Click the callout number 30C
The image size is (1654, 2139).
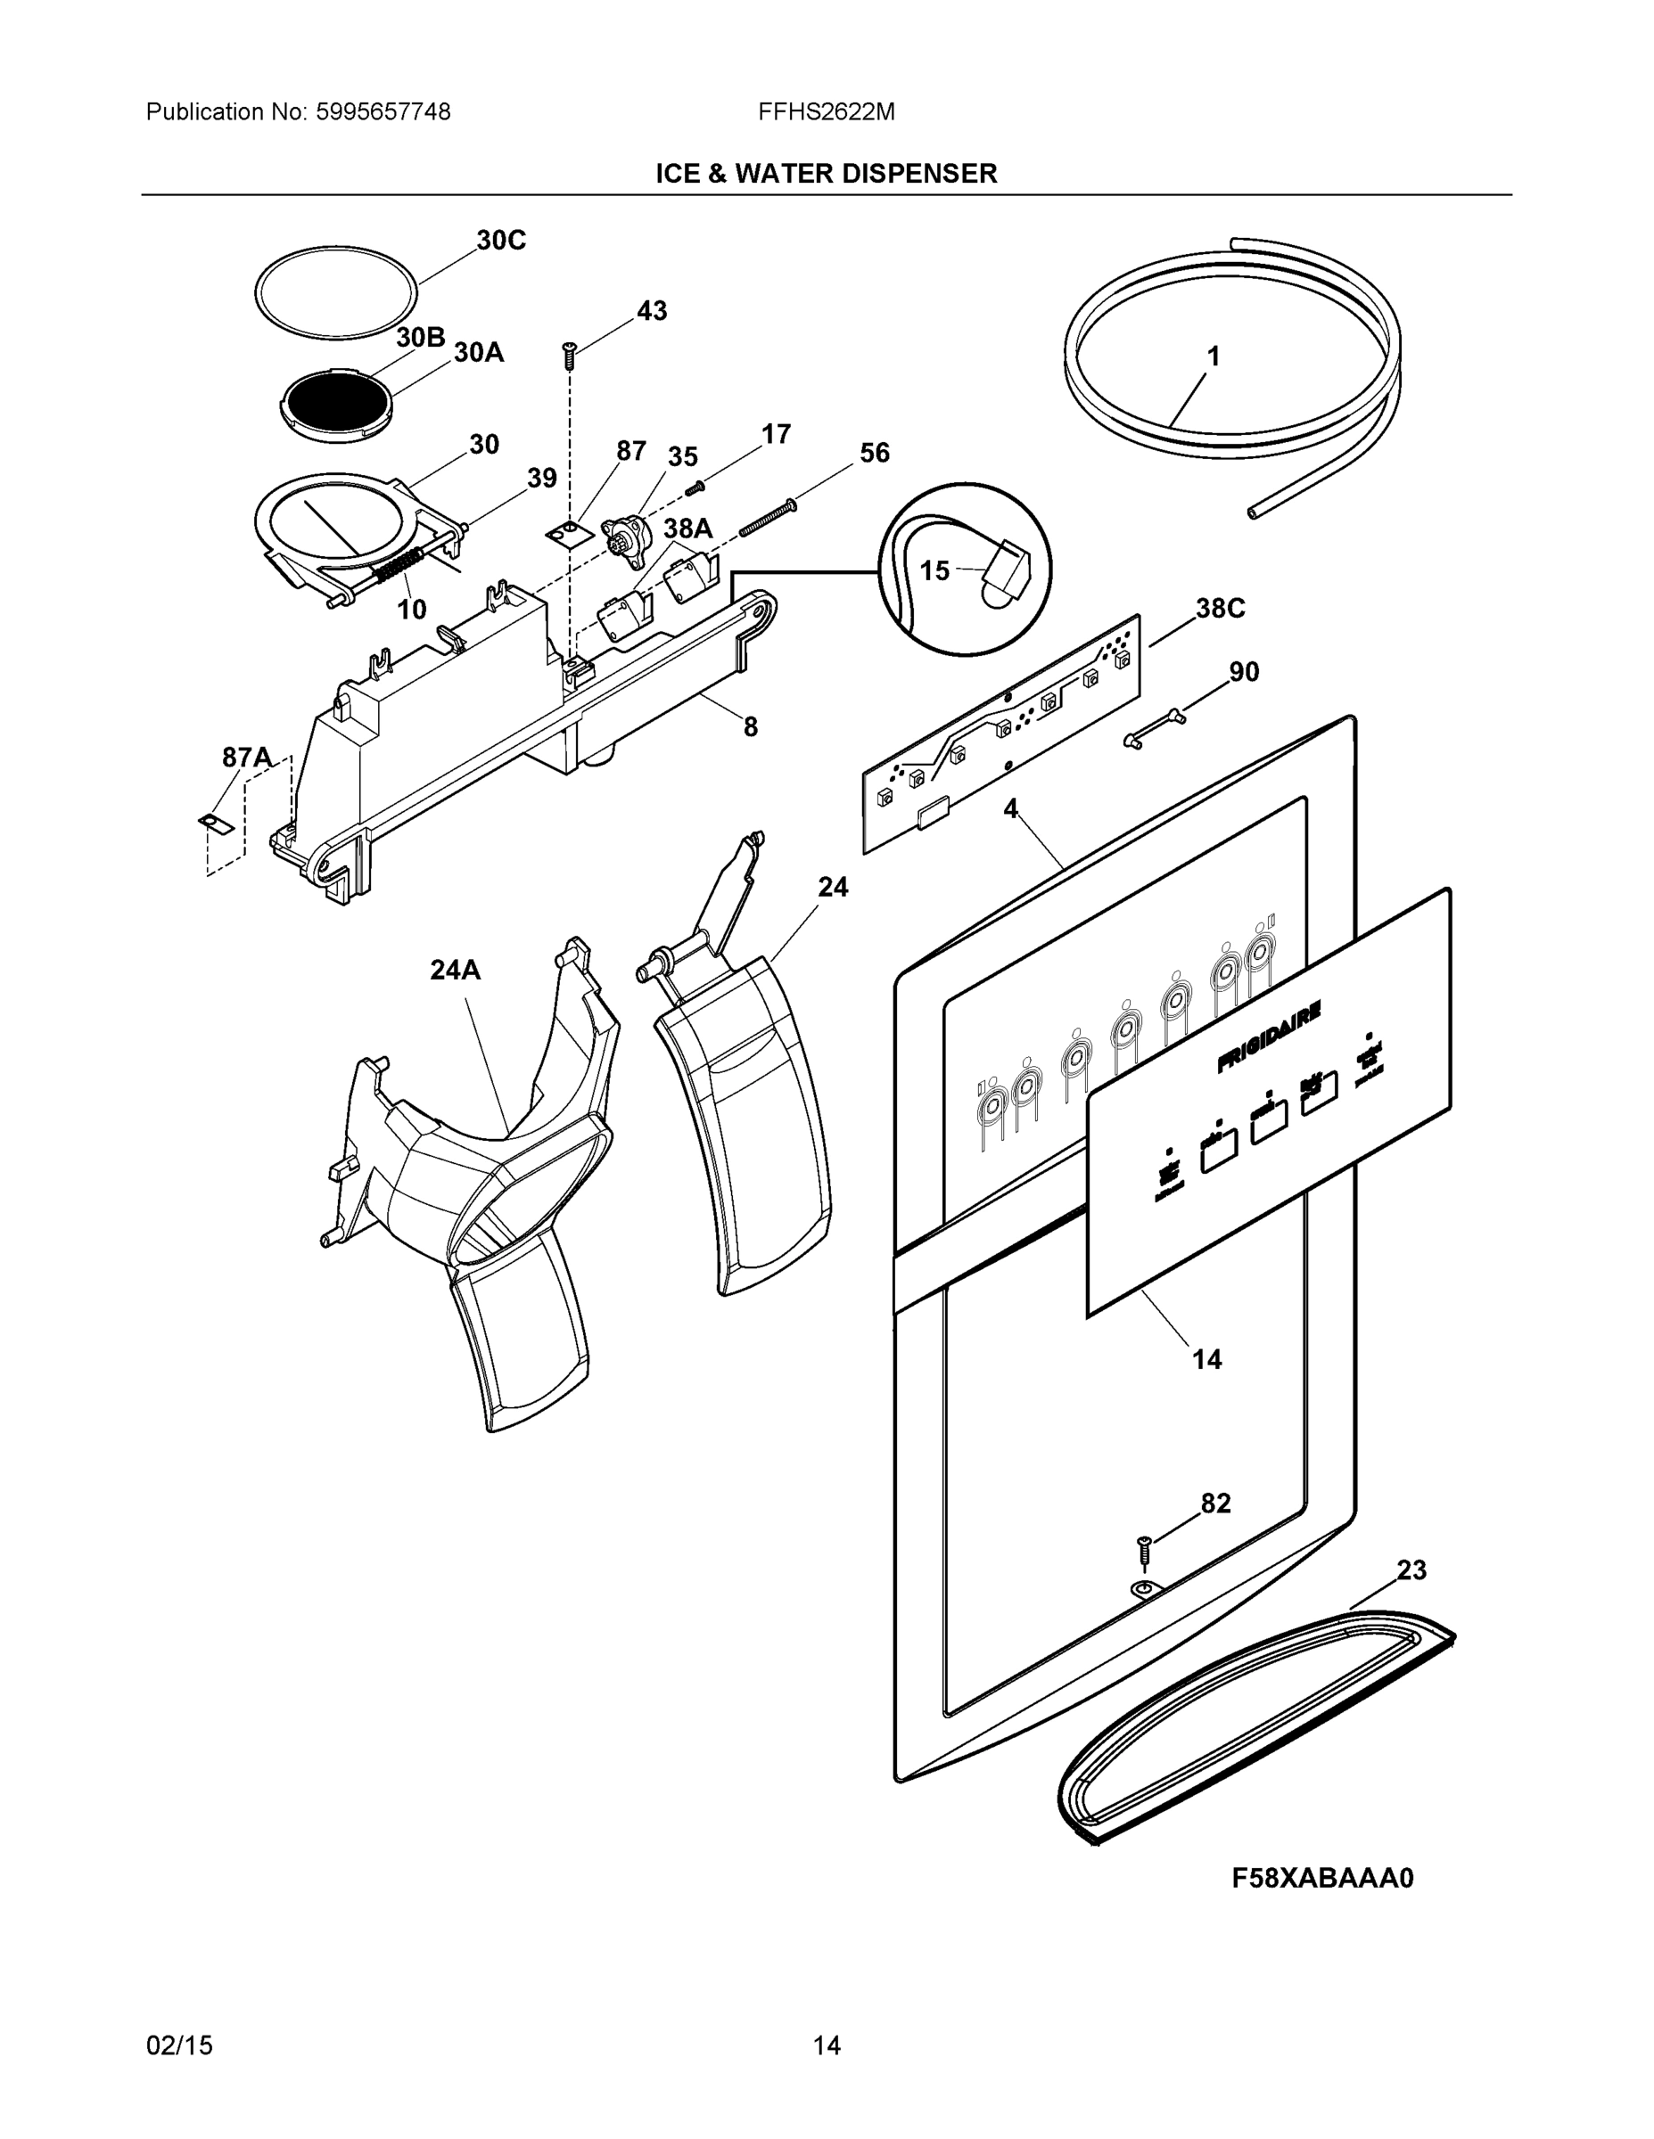[x=501, y=240]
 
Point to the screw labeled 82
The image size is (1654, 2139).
[x=1142, y=1549]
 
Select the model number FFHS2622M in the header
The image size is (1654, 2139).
[x=826, y=111]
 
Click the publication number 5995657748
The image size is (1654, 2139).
[x=383, y=111]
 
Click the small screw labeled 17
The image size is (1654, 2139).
[x=695, y=487]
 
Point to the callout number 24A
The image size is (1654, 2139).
[x=455, y=970]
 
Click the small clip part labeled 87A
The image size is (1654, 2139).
[x=217, y=823]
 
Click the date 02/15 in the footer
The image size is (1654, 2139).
[x=179, y=2045]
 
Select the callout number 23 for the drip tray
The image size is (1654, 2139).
[x=1411, y=1570]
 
